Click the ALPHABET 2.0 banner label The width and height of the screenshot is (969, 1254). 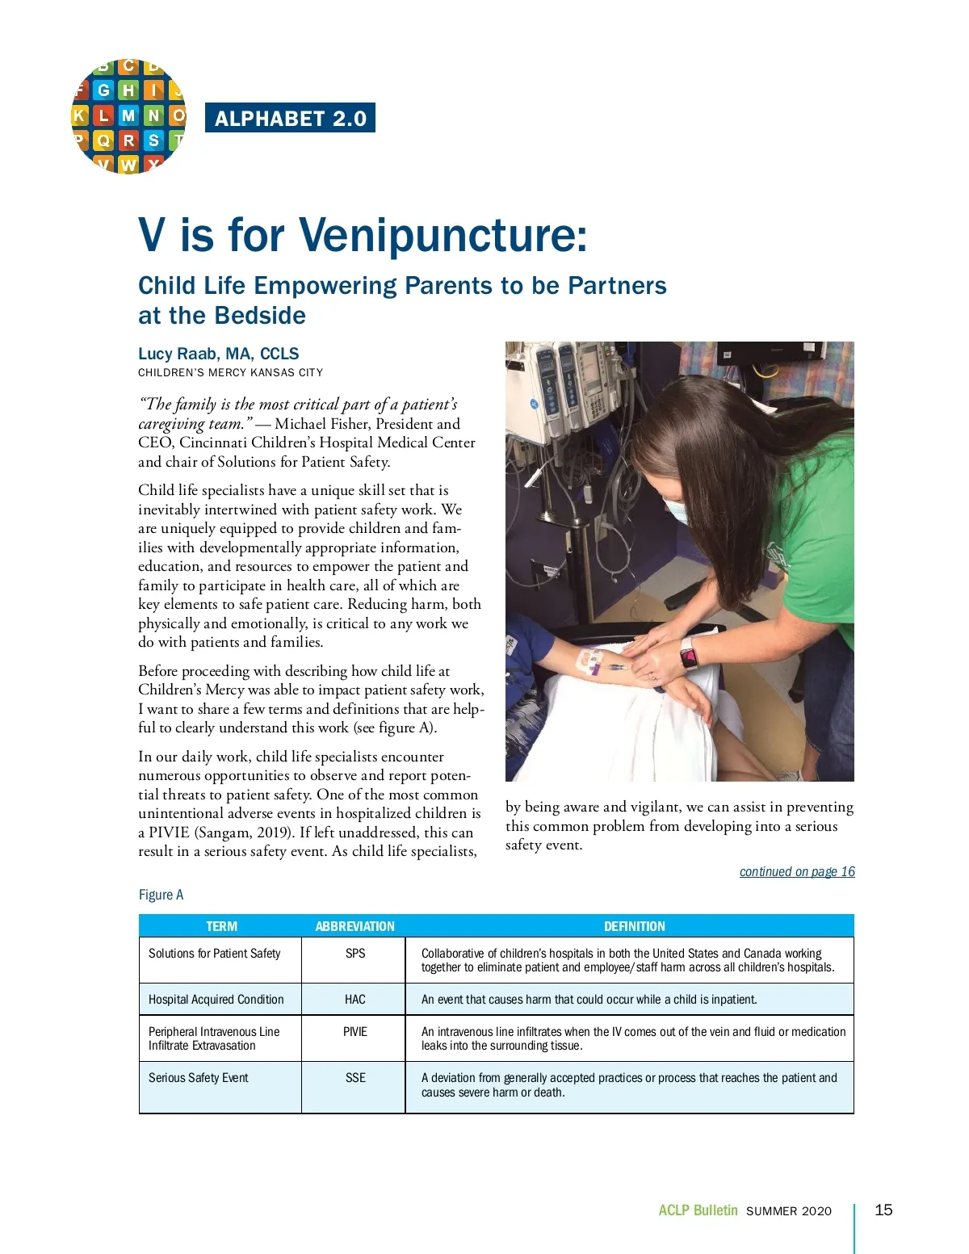(x=291, y=119)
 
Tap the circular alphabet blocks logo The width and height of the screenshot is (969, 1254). (x=128, y=116)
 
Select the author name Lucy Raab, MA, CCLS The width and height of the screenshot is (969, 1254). (x=218, y=354)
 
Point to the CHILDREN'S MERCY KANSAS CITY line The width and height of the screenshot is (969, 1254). (x=230, y=373)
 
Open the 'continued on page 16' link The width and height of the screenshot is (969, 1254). (x=797, y=872)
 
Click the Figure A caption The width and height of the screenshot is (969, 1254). (x=161, y=895)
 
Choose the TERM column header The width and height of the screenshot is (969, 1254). (x=221, y=926)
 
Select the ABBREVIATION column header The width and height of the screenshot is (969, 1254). (x=354, y=926)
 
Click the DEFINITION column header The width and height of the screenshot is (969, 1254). (x=635, y=926)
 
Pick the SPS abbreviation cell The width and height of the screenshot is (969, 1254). (x=355, y=954)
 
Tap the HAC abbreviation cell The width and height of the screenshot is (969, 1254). (x=355, y=1000)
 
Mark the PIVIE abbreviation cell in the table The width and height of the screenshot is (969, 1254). (x=355, y=1032)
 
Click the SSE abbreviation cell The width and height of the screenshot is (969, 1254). (x=355, y=1078)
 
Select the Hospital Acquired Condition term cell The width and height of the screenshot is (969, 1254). (x=216, y=1000)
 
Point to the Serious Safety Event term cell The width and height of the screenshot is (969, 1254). (x=199, y=1078)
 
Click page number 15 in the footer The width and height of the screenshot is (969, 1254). (x=884, y=1210)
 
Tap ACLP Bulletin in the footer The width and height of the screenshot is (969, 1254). (x=698, y=1210)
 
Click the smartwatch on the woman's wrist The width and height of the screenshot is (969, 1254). (x=689, y=653)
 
